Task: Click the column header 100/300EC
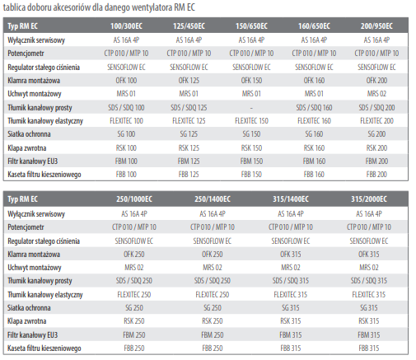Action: click(126, 26)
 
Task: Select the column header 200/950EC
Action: click(376, 26)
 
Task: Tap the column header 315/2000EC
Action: click(369, 199)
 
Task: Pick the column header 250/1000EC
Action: click(134, 199)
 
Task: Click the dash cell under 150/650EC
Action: click(251, 108)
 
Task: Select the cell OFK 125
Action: click(189, 81)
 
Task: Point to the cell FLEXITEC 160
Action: click(314, 121)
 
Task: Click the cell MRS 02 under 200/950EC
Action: click(376, 94)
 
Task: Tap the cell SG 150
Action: click(251, 134)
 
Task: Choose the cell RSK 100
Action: click(126, 148)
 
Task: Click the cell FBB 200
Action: click(376, 175)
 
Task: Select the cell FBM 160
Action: click(314, 161)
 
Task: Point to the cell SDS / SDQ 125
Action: click(189, 108)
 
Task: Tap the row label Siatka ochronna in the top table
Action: click(29, 134)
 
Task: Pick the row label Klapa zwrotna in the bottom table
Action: click(27, 321)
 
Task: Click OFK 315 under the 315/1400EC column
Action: click(291, 255)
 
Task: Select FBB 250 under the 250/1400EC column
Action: click(213, 348)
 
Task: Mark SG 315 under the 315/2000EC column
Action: click(369, 308)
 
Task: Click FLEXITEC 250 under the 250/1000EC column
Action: click(134, 295)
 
